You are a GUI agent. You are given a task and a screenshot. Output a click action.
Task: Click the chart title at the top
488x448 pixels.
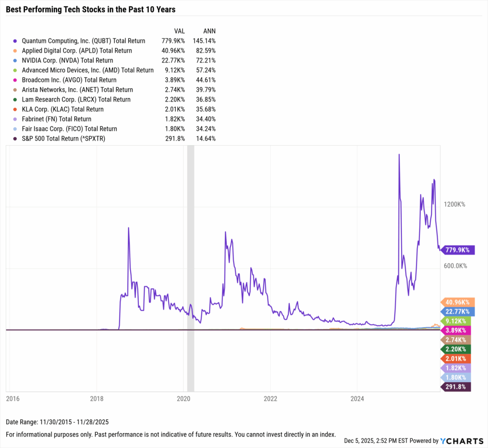coord(90,9)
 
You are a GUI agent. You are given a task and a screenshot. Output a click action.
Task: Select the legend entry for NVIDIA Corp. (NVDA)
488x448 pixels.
coord(67,60)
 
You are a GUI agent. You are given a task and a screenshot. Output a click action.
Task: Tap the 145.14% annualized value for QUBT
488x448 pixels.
coord(204,41)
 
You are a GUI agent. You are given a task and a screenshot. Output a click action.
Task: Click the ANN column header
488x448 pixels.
coord(209,31)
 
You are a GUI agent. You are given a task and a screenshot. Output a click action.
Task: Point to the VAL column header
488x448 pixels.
coord(179,31)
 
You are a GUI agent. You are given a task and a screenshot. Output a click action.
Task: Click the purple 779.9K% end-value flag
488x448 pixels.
coord(457,250)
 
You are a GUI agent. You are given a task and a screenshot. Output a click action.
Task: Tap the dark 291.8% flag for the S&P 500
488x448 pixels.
coord(457,387)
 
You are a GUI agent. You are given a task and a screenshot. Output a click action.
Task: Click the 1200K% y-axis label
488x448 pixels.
coord(454,204)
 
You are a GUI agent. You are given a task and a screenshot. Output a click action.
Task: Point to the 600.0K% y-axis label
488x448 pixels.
coord(455,266)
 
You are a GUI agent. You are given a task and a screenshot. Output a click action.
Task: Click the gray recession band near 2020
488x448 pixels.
coord(191,267)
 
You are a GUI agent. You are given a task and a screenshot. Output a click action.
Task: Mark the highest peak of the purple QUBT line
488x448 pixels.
coord(399,155)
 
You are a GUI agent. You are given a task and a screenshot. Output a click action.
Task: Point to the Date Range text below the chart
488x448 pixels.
coord(57,422)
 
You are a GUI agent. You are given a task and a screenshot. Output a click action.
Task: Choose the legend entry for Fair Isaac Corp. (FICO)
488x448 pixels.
coord(69,129)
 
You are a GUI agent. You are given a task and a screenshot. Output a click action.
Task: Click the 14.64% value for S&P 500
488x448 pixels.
coord(206,138)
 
